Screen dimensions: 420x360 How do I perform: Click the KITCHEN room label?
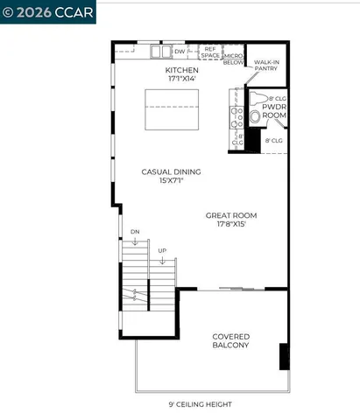(x=182, y=70)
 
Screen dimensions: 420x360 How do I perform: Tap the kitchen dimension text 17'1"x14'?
(x=182, y=79)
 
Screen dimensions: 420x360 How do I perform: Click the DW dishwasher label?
(x=179, y=52)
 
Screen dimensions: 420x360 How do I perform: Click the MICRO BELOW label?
(x=233, y=57)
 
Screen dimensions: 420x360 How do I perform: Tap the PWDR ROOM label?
(x=274, y=111)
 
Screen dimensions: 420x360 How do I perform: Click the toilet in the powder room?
(x=255, y=115)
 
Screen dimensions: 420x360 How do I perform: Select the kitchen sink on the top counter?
(x=159, y=52)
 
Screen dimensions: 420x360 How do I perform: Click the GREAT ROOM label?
(x=230, y=214)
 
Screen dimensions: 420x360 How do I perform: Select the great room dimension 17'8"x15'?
(x=230, y=223)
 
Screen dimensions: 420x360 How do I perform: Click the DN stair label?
(x=135, y=231)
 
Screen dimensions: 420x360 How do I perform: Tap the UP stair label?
(x=162, y=251)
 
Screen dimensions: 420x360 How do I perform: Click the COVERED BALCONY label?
(x=230, y=340)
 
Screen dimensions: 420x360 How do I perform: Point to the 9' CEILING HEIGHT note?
(x=200, y=404)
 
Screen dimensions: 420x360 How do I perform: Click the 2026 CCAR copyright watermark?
(x=48, y=11)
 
